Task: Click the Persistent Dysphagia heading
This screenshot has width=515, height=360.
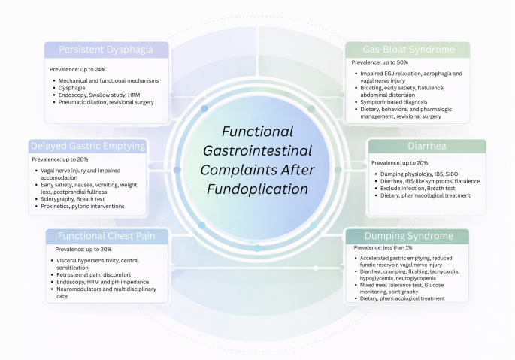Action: click(x=106, y=50)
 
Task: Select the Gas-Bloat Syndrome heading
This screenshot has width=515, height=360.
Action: click(x=409, y=50)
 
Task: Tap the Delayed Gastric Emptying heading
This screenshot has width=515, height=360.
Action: click(x=88, y=146)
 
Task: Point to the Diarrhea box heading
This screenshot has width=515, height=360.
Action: click(x=427, y=146)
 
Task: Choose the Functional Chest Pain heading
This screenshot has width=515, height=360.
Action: click(x=107, y=236)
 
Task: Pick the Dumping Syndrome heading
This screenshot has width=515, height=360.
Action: click(x=409, y=236)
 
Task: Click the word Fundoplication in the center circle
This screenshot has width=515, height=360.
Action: click(x=257, y=189)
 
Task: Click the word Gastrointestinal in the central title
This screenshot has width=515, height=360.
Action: click(x=257, y=151)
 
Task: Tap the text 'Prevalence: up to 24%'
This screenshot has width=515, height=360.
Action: click(x=77, y=70)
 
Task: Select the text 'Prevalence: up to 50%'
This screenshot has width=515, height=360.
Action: click(x=380, y=62)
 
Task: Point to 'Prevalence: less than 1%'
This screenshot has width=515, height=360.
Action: click(x=383, y=247)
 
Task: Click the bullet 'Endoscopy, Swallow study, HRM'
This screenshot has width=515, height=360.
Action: click(x=99, y=95)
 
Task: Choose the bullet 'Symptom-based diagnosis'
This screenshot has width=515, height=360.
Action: click(x=394, y=102)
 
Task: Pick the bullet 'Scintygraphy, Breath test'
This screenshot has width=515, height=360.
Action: click(x=73, y=199)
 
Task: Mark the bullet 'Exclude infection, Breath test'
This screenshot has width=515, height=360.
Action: click(x=418, y=189)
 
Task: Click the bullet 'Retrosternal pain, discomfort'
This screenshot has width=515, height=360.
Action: click(x=94, y=274)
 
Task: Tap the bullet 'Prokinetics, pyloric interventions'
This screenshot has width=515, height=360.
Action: click(x=83, y=206)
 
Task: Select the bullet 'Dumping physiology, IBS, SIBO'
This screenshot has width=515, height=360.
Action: click(x=419, y=174)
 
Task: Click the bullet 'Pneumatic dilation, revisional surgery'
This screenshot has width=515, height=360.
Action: click(x=106, y=102)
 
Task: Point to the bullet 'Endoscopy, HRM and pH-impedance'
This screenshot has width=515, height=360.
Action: click(x=103, y=282)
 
